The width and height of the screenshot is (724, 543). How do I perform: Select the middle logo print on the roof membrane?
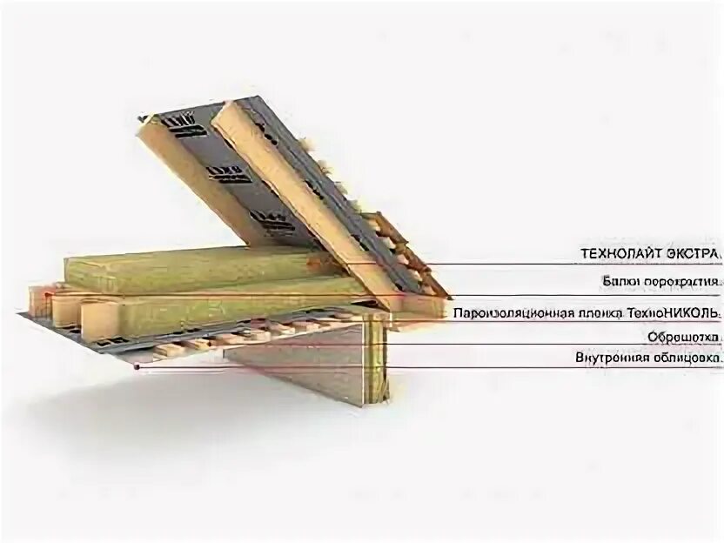point(232,175)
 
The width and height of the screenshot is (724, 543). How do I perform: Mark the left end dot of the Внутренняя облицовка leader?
point(137,366)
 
